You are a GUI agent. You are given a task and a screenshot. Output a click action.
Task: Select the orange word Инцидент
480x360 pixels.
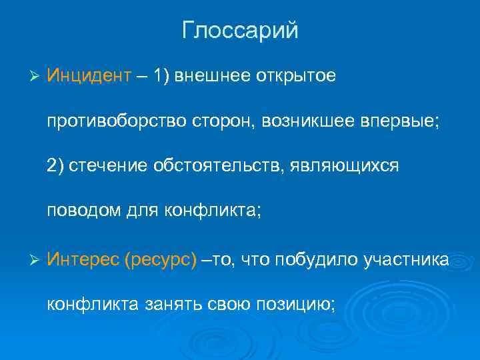tap(89, 76)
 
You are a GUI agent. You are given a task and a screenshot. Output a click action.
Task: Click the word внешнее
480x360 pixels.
tap(214, 76)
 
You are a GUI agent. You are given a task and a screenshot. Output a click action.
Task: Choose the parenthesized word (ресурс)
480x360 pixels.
tap(160, 259)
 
